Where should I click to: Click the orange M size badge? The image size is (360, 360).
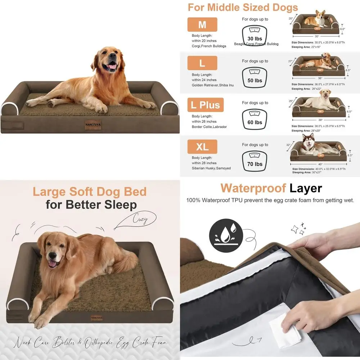pos(202,24)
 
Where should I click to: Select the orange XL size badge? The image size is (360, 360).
pos(202,147)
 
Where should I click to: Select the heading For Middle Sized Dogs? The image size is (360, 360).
pos(243,7)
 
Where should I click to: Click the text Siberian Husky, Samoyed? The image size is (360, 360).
pos(211,168)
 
